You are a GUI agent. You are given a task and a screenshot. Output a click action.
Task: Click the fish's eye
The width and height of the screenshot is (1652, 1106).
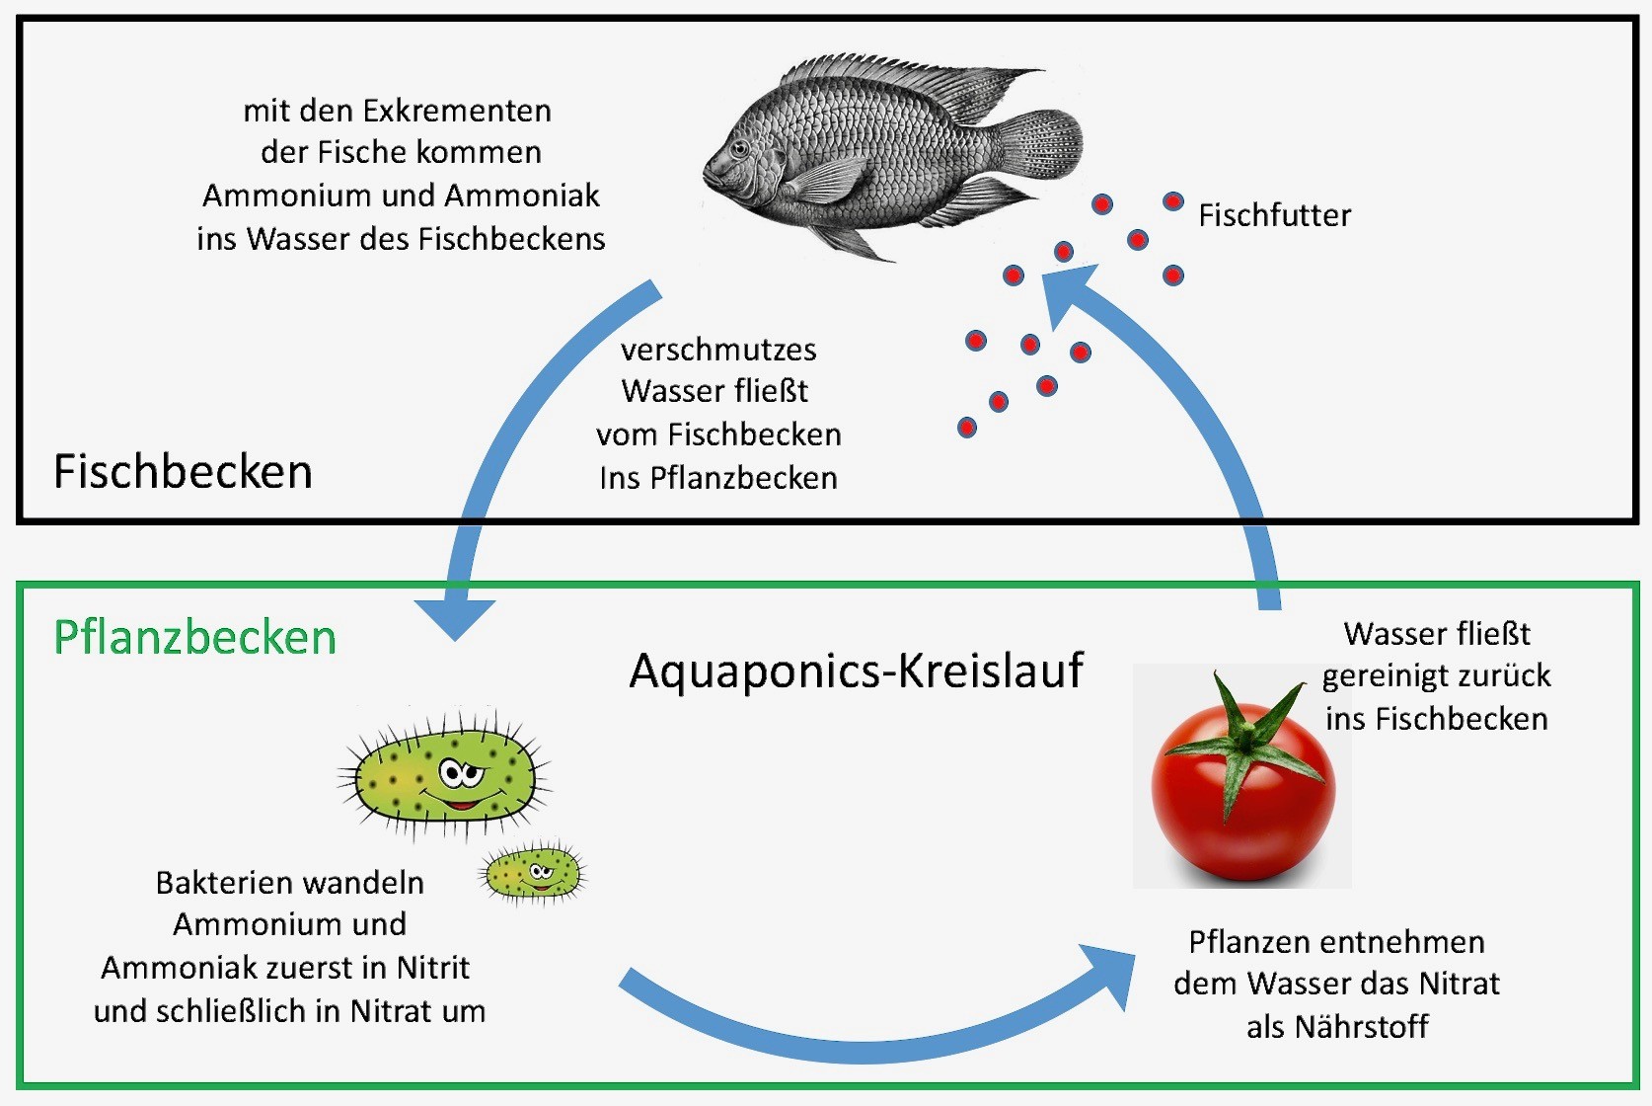739,150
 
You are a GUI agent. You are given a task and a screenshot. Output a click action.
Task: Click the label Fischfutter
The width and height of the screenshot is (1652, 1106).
1274,215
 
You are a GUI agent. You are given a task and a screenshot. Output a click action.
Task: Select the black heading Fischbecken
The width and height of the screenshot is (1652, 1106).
183,472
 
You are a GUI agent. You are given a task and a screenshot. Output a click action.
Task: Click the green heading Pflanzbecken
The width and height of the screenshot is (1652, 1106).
194,638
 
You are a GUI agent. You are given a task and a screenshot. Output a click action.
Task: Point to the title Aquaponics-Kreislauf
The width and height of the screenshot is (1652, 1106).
856,671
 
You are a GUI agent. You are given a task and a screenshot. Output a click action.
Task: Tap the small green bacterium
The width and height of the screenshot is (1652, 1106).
533,872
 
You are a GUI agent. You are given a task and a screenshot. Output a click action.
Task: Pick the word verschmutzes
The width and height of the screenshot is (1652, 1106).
718,350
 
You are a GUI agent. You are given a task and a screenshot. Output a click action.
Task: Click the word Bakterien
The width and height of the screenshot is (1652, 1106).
220,882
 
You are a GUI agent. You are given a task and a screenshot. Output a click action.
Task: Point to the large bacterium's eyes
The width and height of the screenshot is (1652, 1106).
460,771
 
